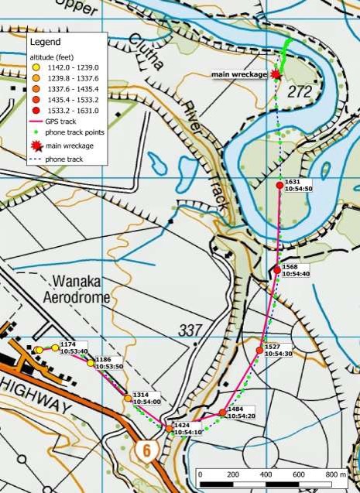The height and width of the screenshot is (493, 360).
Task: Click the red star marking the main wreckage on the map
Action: click(275, 73)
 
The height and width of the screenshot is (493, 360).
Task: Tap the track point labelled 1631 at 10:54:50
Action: click(280, 184)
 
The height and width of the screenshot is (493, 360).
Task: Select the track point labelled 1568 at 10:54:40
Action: click(276, 269)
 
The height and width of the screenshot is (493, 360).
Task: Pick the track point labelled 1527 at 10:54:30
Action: click(259, 351)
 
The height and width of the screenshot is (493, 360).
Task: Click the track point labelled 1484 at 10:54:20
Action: click(222, 412)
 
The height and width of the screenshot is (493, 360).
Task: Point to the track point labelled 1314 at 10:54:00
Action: click(128, 398)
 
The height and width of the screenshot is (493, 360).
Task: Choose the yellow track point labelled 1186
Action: click(91, 363)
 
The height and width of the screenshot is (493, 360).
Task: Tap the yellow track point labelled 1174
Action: click(55, 347)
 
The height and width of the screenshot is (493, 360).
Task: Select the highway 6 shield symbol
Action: click(144, 449)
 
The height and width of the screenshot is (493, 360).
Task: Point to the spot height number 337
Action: click(189, 330)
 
